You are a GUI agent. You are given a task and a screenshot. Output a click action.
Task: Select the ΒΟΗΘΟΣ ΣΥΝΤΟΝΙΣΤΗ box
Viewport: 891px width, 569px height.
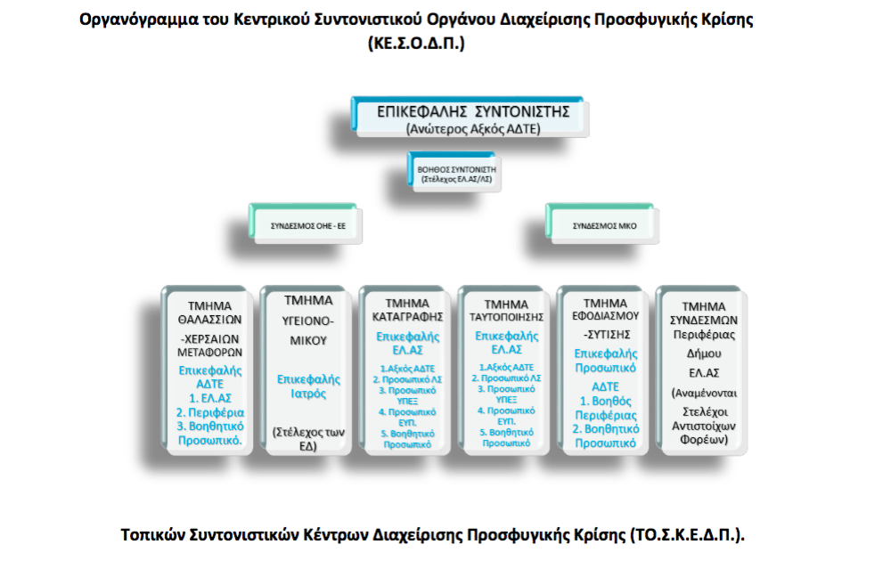point(455,170)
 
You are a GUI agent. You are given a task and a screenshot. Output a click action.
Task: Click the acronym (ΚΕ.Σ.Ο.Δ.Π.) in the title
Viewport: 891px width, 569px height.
point(416,42)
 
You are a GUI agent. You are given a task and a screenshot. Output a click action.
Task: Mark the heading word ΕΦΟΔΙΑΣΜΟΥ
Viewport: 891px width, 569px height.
point(606,317)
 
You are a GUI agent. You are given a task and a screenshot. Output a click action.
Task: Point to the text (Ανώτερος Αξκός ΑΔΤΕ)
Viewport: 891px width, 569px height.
point(472,130)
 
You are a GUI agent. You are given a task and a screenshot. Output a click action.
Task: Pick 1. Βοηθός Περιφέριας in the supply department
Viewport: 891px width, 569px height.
point(605,409)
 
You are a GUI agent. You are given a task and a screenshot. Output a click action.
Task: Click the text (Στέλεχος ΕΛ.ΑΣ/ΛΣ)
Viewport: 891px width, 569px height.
point(455,179)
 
